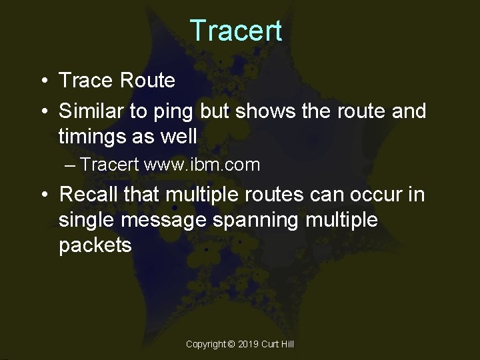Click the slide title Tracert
pyautogui.click(x=236, y=31)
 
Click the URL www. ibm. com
pyautogui.click(x=202, y=165)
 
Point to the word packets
pyautogui.click(x=95, y=245)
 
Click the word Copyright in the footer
pyautogui.click(x=206, y=344)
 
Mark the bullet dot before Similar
pyautogui.click(x=43, y=111)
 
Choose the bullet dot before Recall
pyautogui.click(x=43, y=195)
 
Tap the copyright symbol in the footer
pyautogui.click(x=231, y=344)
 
